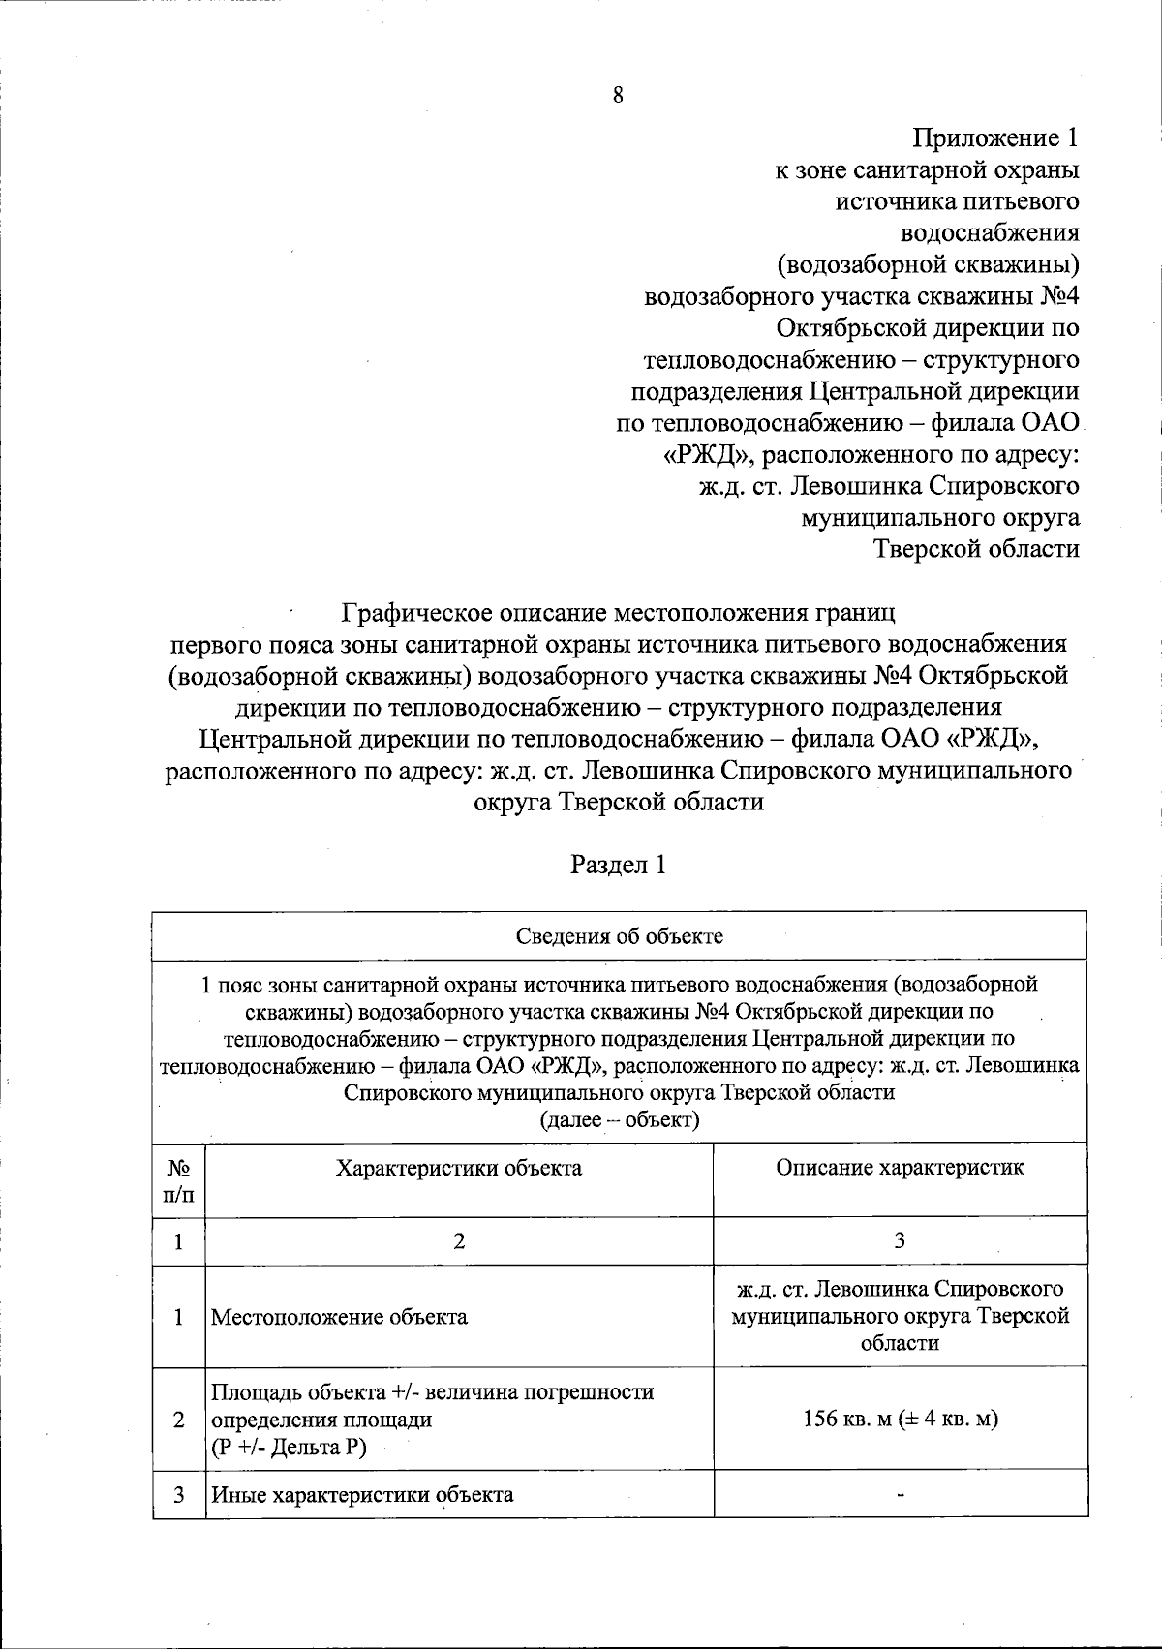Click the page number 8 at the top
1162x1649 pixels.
click(x=618, y=95)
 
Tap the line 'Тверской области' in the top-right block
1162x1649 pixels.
click(x=976, y=549)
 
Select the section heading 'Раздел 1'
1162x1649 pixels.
click(x=618, y=865)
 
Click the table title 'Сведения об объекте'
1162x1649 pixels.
click(x=619, y=936)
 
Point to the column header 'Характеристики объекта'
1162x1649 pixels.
click(x=459, y=1167)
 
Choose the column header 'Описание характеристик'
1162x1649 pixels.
click(x=900, y=1167)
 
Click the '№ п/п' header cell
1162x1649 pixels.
click(x=179, y=1180)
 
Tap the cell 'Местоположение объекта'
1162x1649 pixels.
click(x=340, y=1317)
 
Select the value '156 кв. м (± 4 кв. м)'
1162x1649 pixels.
click(x=900, y=1420)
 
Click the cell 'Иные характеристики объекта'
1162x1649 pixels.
click(x=362, y=1494)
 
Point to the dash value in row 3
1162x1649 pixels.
click(x=901, y=1495)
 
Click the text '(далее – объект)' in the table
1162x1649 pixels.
click(x=619, y=1120)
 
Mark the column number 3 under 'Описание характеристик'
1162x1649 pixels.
click(x=900, y=1241)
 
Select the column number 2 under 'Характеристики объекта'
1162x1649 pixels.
click(x=459, y=1241)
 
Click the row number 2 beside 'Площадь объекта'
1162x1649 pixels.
click(x=179, y=1420)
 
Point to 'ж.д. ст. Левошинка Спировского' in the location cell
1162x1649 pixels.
click(x=900, y=1290)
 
